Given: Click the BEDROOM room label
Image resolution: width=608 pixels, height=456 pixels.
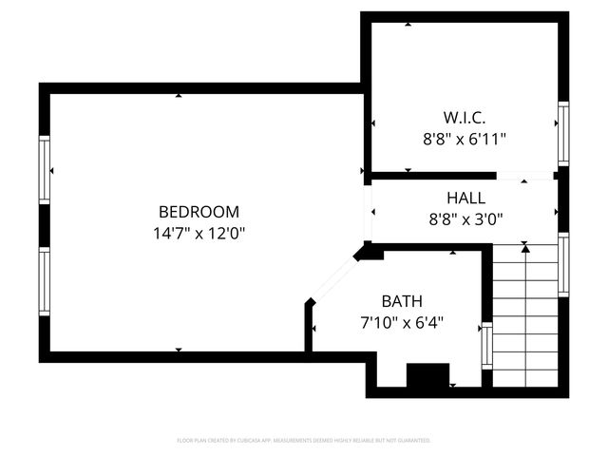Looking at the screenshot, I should (x=199, y=212).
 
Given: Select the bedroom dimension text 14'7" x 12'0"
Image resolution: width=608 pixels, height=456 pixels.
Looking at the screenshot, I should (x=199, y=232).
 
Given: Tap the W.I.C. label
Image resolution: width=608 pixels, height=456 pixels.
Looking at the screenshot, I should (x=464, y=119).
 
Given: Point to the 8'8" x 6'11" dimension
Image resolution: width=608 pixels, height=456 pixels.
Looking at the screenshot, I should (x=464, y=139).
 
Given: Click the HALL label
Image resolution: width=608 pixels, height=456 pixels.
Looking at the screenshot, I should (x=465, y=199).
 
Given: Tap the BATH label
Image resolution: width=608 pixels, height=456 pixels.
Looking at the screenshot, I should (x=402, y=301).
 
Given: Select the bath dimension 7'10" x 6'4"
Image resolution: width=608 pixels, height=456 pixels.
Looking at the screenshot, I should (x=403, y=322).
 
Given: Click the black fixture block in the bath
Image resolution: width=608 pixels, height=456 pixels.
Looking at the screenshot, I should (x=427, y=375).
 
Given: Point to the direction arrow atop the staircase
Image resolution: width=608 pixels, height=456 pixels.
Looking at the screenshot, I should (x=525, y=248).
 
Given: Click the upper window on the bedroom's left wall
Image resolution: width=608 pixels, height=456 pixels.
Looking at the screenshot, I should (x=44, y=169).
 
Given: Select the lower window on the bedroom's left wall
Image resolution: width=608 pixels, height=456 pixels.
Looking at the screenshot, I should (x=44, y=282).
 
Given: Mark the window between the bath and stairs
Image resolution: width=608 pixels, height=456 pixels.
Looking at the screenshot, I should (x=487, y=346).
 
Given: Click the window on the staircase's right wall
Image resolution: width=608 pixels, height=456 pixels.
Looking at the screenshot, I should (x=563, y=265).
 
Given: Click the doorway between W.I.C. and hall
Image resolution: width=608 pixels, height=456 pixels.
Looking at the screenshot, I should (x=525, y=176).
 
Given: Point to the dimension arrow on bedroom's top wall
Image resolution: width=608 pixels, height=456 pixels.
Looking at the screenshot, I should (x=179, y=95).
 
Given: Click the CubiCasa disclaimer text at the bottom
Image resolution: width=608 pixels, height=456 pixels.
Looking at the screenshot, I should (x=304, y=441).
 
